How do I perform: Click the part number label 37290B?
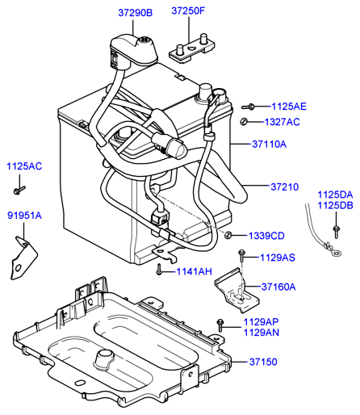pyautogui.click(x=136, y=13)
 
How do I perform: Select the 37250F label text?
pyautogui.click(x=188, y=10)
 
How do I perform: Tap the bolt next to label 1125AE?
pyautogui.click(x=249, y=107)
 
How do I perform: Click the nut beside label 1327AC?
pyautogui.click(x=244, y=122)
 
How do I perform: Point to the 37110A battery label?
pyautogui.click(x=270, y=145)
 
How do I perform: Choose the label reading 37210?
pyautogui.click(x=285, y=187)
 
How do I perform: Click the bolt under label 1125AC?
pyautogui.click(x=19, y=190)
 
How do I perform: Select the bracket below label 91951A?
pyautogui.click(x=23, y=258)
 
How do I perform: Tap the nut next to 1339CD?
pyautogui.click(x=228, y=235)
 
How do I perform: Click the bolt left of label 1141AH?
pyautogui.click(x=159, y=270)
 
